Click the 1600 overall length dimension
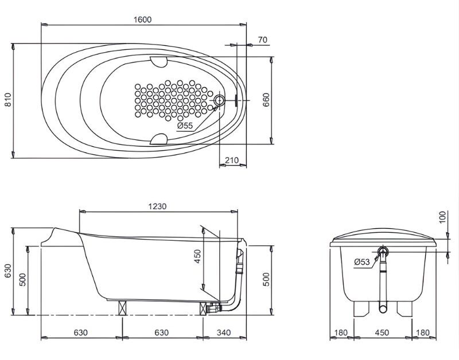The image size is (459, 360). pos(142,19)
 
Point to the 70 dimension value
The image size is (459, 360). pos(263,40)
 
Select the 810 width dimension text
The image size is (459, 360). pos(8,99)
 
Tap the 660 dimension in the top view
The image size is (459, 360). pos(266,100)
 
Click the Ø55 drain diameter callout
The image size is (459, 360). pos(185,126)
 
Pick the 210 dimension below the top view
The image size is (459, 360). pos(232,161)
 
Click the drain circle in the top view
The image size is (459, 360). pos(219,100)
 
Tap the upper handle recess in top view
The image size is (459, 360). pos(158,61)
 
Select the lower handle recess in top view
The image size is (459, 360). pos(158,139)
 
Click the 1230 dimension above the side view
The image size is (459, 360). pos(157,206)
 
